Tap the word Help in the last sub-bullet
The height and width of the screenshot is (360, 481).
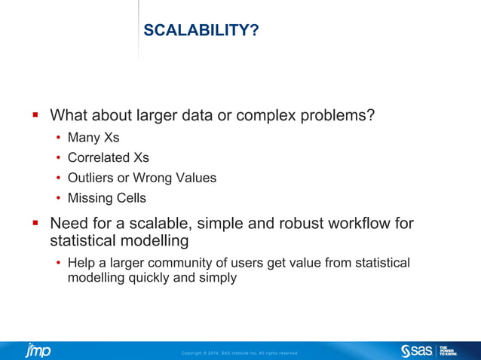[x=81, y=263]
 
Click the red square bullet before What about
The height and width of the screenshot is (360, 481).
[x=35, y=116]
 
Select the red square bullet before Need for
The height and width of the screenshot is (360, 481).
[x=35, y=224]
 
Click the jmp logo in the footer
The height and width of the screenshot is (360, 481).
[x=38, y=350]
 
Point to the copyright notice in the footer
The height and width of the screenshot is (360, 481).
[x=240, y=352]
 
